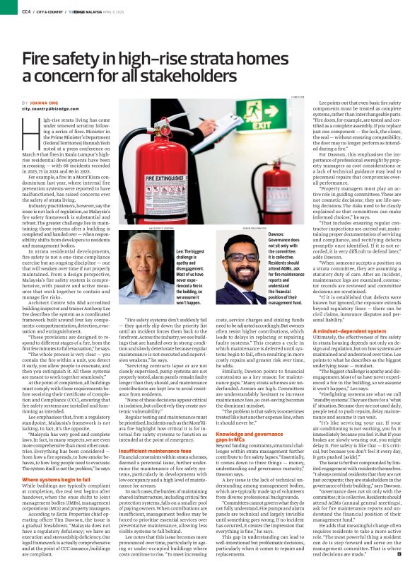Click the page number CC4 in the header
[x=25, y=11]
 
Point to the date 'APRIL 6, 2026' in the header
[x=126, y=11]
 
